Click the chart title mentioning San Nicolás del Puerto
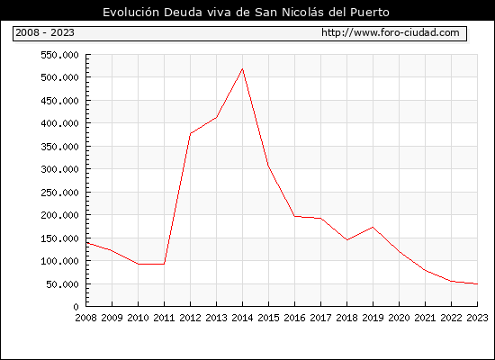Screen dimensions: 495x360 (x=246, y=12)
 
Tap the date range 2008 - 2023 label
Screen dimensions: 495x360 (x=45, y=32)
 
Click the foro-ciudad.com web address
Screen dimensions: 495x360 (x=391, y=32)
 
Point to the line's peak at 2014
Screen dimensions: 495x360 (x=242, y=68)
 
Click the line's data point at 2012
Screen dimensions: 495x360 (x=191, y=133)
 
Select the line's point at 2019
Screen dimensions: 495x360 (x=373, y=227)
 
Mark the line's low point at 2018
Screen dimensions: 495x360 (x=346, y=240)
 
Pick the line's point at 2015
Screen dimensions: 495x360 (x=268, y=165)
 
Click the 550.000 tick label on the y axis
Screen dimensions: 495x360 (x=59, y=55)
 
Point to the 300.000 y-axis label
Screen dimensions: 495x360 (x=59, y=169)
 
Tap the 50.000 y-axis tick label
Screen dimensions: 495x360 (x=62, y=284)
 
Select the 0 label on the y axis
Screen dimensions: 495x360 (x=76, y=307)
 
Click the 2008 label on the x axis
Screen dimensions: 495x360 (x=85, y=318)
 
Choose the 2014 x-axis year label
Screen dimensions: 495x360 (x=242, y=318)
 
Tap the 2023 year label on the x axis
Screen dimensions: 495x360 (x=477, y=318)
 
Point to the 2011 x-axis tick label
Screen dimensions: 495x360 (x=164, y=318)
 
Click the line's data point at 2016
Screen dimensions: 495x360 (x=294, y=216)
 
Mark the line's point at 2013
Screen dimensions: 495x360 (x=216, y=118)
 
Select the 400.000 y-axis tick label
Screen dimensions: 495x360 (x=59, y=123)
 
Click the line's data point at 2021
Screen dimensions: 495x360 (x=425, y=270)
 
